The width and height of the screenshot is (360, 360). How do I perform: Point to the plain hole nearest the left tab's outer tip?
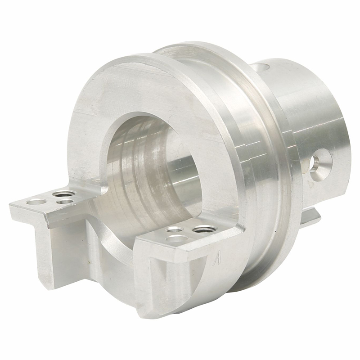[x=36, y=201]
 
